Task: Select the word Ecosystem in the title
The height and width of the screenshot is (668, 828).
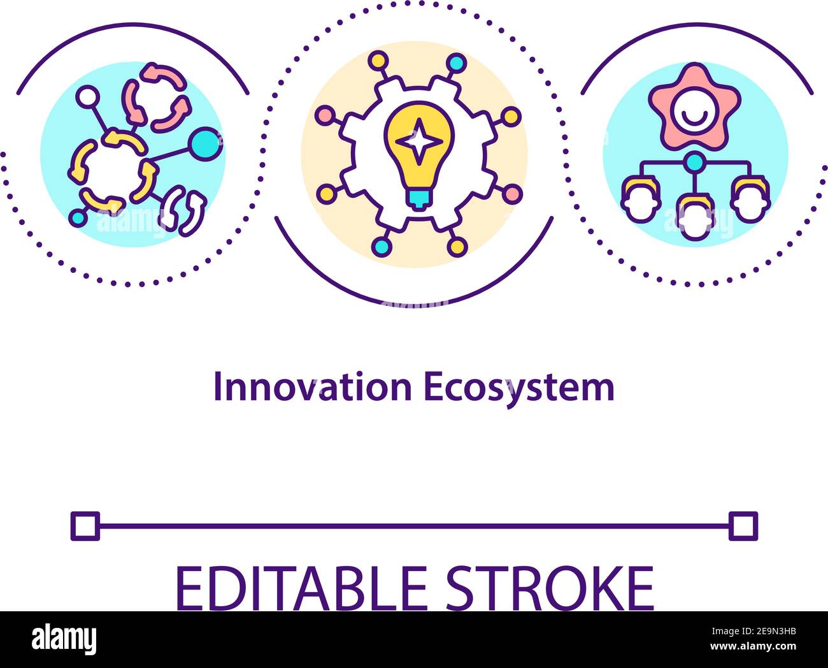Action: coord(519,389)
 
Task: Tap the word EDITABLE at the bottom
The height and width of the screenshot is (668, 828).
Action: coord(302,589)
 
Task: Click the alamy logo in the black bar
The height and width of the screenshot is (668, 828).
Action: coord(64,639)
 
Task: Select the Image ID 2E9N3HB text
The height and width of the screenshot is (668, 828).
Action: coord(753,631)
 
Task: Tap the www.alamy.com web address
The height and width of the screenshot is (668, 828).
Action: coord(753,646)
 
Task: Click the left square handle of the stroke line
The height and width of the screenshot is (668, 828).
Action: coord(85,526)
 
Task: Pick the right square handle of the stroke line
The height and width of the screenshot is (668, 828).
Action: coord(743,526)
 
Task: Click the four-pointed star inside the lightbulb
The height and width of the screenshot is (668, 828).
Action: coord(419,142)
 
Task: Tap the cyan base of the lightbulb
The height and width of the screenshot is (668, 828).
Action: coord(419,199)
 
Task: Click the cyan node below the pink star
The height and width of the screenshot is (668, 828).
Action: coord(694,162)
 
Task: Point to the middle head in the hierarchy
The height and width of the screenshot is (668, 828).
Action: coord(695,217)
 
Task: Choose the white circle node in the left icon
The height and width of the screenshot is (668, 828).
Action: coord(88,97)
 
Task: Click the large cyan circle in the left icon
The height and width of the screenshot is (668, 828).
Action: coord(206,144)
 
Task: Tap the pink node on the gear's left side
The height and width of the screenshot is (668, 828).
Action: coord(325,115)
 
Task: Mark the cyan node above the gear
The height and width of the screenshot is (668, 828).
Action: coord(456,62)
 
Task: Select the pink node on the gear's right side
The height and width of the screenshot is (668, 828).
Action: coord(512,194)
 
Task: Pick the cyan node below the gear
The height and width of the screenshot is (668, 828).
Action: coord(382,247)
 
